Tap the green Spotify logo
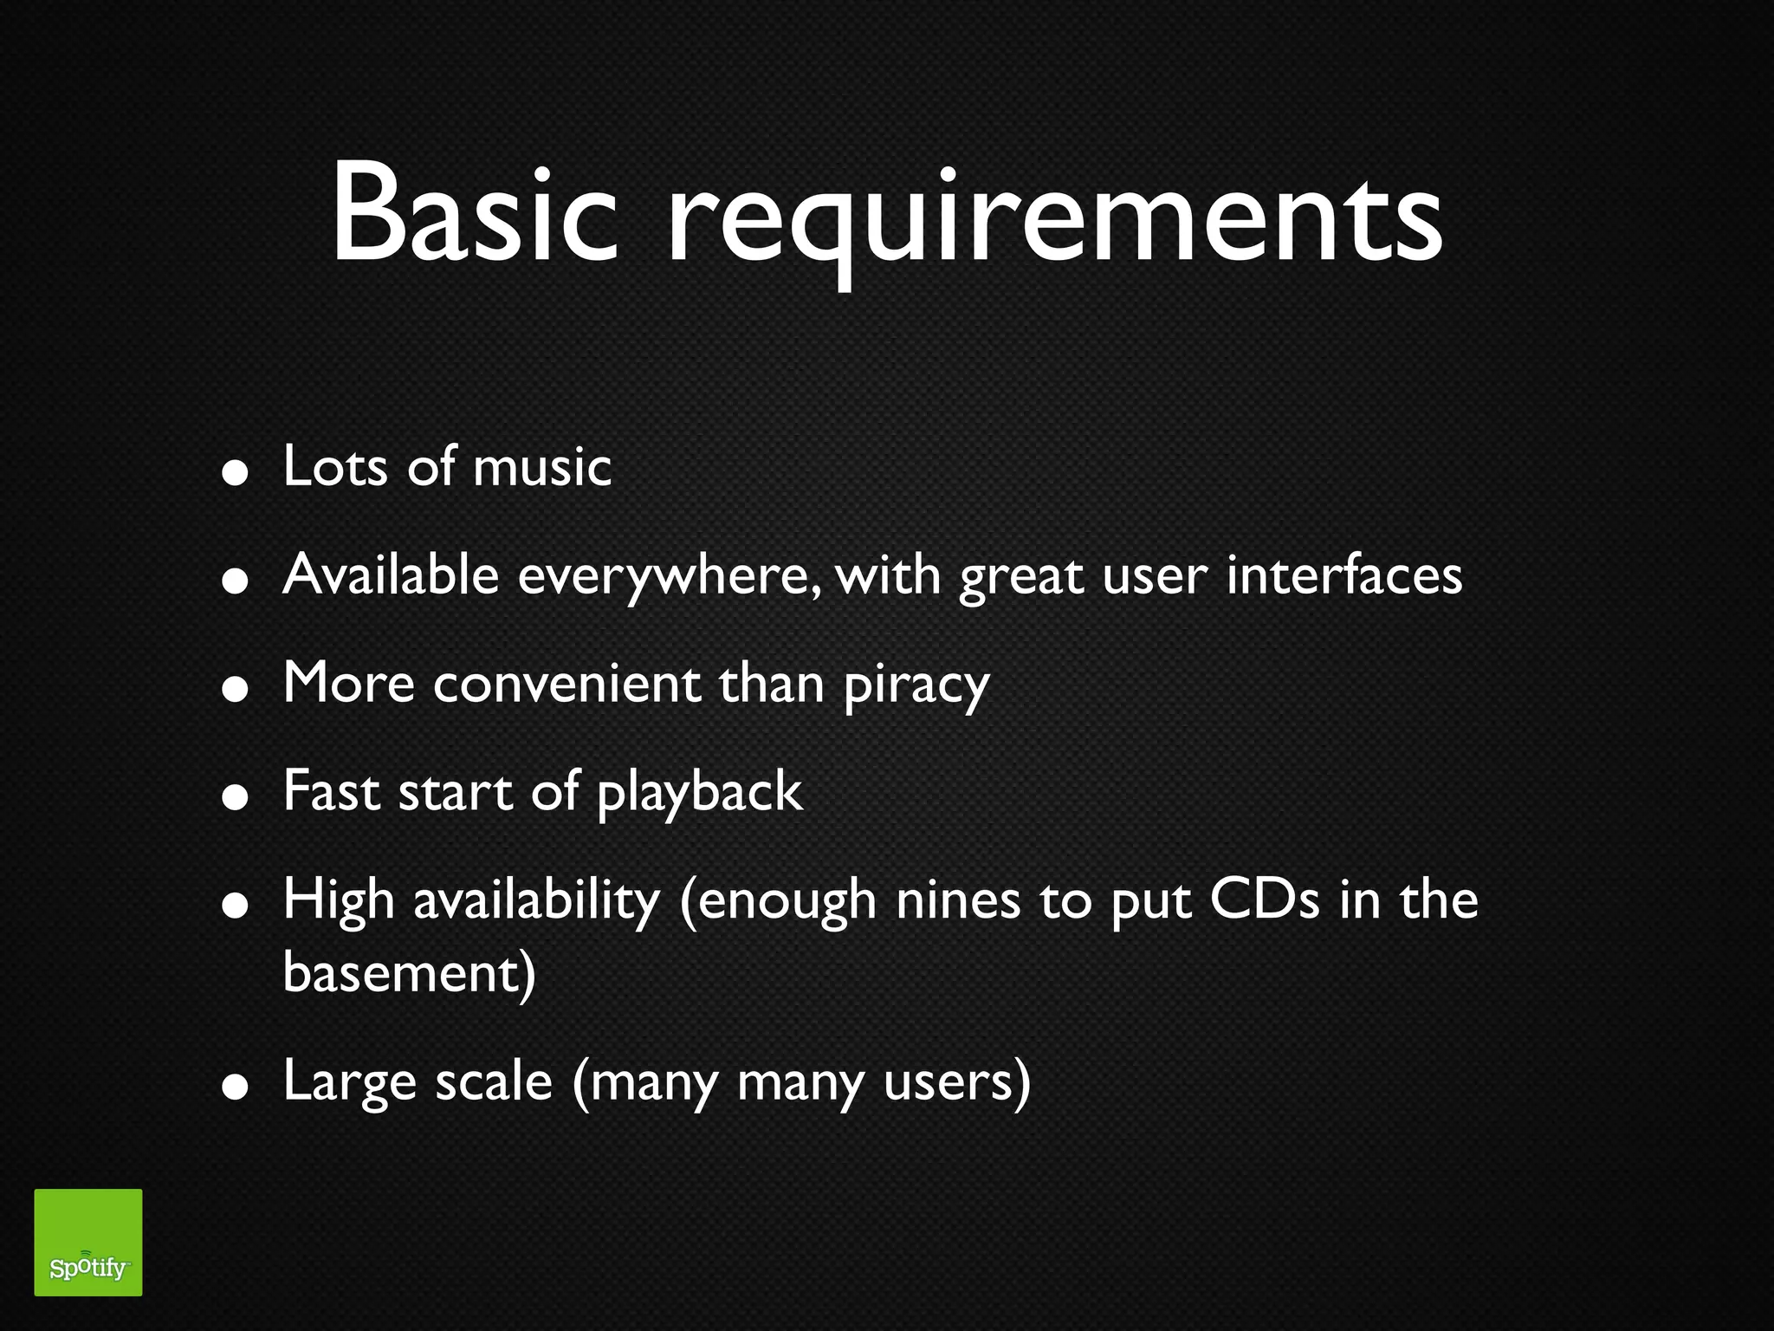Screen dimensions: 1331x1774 pyautogui.click(x=88, y=1242)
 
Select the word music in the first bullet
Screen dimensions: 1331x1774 pyautogui.click(x=542, y=467)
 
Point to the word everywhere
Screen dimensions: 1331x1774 pyautogui.click(x=667, y=576)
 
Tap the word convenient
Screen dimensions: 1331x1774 pyautogui.click(x=567, y=684)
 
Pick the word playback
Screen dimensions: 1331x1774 pyautogui.click(x=700, y=793)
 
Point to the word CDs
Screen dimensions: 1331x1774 pyautogui.click(x=1265, y=900)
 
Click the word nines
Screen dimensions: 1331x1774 pyautogui.click(x=958, y=900)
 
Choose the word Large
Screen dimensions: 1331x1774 pyautogui.click(x=350, y=1083)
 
